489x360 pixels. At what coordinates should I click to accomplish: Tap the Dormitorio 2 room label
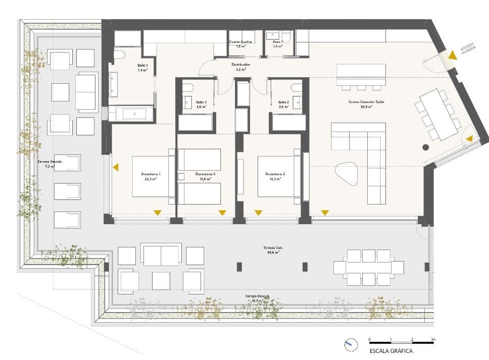pyautogui.click(x=275, y=176)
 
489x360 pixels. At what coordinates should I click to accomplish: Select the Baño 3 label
pyautogui.click(x=201, y=104)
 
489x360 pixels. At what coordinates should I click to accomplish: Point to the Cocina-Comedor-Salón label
pyautogui.click(x=366, y=104)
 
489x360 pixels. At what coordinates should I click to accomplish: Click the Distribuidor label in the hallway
pyautogui.click(x=241, y=67)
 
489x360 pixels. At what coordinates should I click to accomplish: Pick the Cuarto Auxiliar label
pyautogui.click(x=241, y=44)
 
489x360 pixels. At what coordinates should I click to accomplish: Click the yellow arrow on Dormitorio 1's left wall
pyautogui.click(x=116, y=167)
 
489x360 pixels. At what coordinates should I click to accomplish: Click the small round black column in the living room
pyautogui.click(x=425, y=147)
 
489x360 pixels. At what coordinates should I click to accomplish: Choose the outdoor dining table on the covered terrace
pyautogui.click(x=369, y=267)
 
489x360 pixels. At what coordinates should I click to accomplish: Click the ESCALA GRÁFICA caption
pyautogui.click(x=391, y=350)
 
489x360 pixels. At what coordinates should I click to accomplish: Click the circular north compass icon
pyautogui.click(x=349, y=346)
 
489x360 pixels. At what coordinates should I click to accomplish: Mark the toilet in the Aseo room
pyautogui.click(x=286, y=36)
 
